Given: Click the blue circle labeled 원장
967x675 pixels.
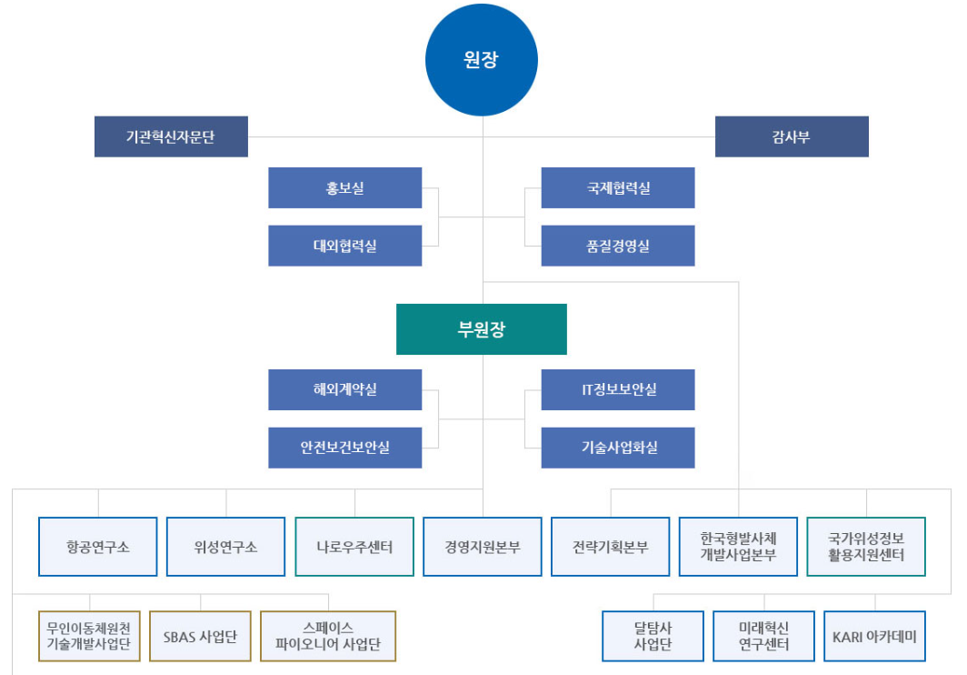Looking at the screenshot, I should tap(482, 60).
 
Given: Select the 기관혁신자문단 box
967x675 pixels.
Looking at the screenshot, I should tap(171, 137).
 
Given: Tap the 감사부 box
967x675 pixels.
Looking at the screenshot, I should tap(792, 137).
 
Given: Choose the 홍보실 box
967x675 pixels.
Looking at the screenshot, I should tap(345, 188).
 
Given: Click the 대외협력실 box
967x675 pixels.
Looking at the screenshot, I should tap(345, 246).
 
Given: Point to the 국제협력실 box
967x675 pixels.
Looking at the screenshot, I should tap(618, 188).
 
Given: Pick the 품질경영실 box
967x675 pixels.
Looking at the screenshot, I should tap(618, 246).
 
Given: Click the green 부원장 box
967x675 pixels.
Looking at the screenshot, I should tap(482, 329).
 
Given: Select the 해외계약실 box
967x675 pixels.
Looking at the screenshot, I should tap(345, 390).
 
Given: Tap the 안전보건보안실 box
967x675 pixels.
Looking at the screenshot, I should tap(345, 448).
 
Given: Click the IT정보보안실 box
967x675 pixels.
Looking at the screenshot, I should tap(618, 390).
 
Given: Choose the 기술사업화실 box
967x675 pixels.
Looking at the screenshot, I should tap(618, 448).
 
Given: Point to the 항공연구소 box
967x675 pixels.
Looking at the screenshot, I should tap(98, 547).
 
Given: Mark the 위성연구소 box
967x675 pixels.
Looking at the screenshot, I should tap(226, 547).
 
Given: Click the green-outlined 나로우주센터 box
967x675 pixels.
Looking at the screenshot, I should tap(354, 547).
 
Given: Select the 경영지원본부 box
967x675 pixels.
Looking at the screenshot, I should tap(483, 547).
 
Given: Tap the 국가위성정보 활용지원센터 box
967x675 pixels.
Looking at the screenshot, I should tap(866, 547).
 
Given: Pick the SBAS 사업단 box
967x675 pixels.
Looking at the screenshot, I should tap(200, 636).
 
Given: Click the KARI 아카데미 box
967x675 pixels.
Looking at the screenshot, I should tap(875, 636).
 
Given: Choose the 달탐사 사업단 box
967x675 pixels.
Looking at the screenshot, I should tap(653, 636).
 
